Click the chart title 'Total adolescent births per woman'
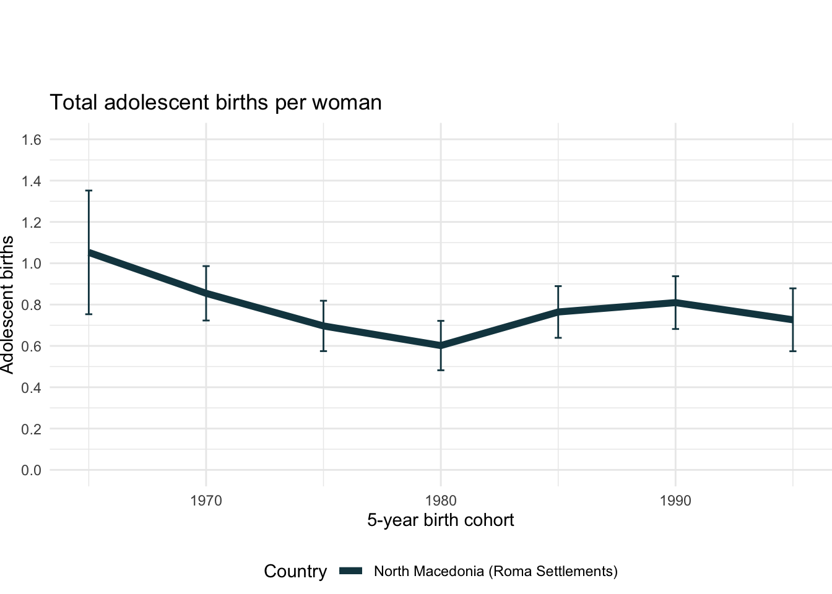(215, 102)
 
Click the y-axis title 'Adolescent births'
(7, 304)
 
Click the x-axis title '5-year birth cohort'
(440, 520)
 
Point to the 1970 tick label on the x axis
(206, 501)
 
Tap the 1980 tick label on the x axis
(441, 501)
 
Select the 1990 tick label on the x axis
(675, 501)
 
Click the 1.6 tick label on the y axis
(31, 140)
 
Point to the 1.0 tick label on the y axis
(31, 264)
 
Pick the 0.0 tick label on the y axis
(31, 470)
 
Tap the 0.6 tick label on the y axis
(31, 346)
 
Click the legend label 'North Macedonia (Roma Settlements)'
(496, 571)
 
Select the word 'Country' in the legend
(295, 571)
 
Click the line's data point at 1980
(441, 346)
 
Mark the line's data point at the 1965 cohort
(89, 252)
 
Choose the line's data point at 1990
(675, 303)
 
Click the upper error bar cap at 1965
(89, 191)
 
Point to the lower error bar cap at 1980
(441, 370)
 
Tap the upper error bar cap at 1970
(206, 266)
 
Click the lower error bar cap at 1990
(675, 329)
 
